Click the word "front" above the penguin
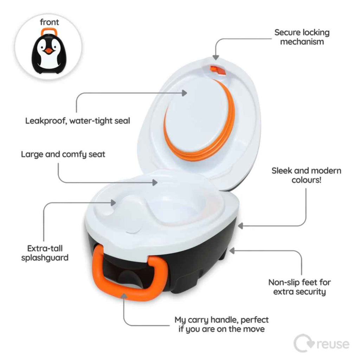coord(49,22)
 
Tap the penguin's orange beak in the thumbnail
coord(50,51)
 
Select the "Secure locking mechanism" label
coord(302,37)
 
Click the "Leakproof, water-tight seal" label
coord(78,121)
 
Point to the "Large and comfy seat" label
coord(63,154)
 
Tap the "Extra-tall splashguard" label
coord(44,253)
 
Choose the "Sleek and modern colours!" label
coord(306,175)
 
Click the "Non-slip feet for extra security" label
coord(300,287)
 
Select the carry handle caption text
coord(221,324)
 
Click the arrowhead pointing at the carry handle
coord(123,296)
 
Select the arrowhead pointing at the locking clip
coord(215,57)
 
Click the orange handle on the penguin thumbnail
coord(50,32)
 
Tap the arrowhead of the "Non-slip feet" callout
coord(232,250)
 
